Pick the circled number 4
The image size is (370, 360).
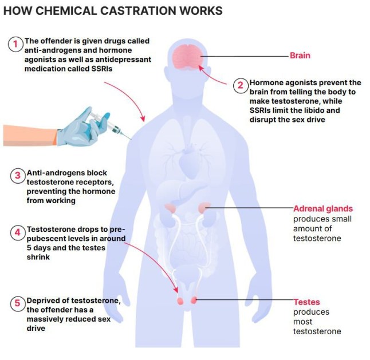pyautogui.click(x=17, y=234)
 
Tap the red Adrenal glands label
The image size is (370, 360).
pyautogui.click(x=322, y=209)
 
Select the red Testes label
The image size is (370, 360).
pyautogui.click(x=306, y=302)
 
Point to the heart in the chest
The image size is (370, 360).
pyautogui.click(x=189, y=157)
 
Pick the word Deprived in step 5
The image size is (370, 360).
pyautogui.click(x=45, y=301)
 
